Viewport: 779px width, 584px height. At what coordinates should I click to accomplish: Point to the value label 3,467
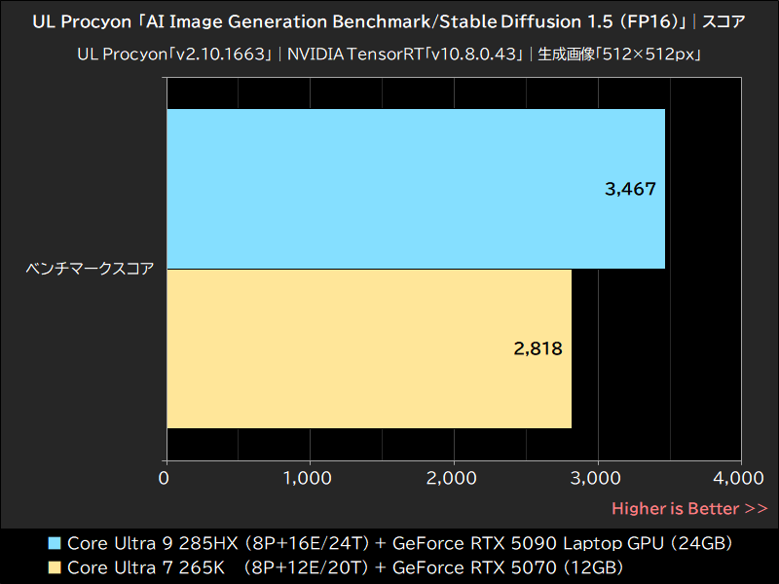point(630,189)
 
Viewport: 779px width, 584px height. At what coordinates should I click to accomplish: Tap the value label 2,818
point(538,348)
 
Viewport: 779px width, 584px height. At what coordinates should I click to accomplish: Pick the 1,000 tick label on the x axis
point(309,478)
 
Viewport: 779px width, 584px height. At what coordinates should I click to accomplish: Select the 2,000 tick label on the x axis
point(453,478)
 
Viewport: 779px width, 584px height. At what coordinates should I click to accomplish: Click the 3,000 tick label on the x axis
point(596,478)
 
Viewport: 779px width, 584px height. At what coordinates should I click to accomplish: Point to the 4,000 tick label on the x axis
point(739,478)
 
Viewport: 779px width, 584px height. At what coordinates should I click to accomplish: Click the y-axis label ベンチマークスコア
point(90,269)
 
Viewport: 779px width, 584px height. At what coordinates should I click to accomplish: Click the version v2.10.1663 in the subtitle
point(220,55)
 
